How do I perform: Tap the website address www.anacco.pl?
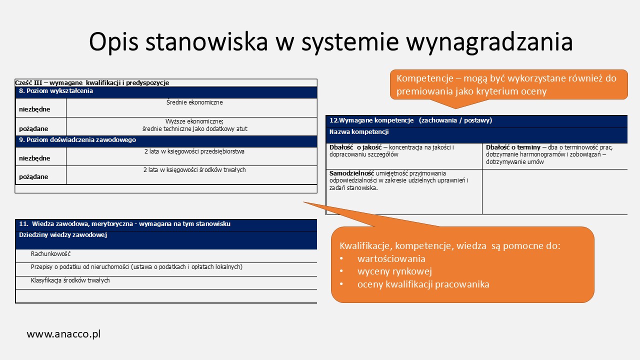point(63,334)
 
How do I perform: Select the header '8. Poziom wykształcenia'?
point(56,91)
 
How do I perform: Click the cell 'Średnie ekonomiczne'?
point(194,102)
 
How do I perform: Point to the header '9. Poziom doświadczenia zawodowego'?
point(77,140)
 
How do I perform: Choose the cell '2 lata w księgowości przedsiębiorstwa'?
point(194,151)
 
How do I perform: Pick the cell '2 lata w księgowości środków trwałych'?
point(194,170)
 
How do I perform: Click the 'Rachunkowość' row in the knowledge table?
point(50,254)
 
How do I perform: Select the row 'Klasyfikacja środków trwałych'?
point(70,280)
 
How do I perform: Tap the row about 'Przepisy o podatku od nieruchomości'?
point(136,267)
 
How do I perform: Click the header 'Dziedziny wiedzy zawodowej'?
point(63,235)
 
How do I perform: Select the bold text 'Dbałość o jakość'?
point(355,147)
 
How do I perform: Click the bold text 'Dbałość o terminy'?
point(513,147)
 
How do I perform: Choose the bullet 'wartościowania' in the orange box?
point(391,259)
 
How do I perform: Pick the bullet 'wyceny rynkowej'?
point(394,272)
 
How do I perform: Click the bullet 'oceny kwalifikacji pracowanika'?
point(423,285)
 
